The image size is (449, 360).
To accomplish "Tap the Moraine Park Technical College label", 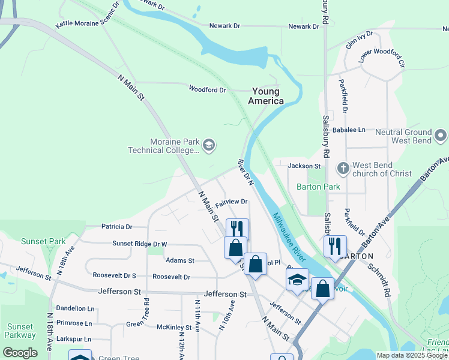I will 163,145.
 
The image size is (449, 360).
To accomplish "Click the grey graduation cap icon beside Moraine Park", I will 209,145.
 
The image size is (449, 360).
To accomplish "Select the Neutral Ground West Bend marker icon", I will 441,134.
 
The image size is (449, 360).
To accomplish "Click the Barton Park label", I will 318,187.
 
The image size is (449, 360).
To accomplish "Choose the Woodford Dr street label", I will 207,90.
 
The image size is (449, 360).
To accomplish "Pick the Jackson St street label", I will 304,166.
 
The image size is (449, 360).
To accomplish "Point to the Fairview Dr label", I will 232,202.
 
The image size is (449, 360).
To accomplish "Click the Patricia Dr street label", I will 116,227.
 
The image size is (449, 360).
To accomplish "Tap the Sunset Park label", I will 43,241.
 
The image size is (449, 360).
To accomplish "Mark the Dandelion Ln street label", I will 75,308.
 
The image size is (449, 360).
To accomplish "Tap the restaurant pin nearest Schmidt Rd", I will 335,246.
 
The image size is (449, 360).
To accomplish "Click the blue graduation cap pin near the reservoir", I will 297,280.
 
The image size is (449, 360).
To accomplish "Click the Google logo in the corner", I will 20,353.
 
